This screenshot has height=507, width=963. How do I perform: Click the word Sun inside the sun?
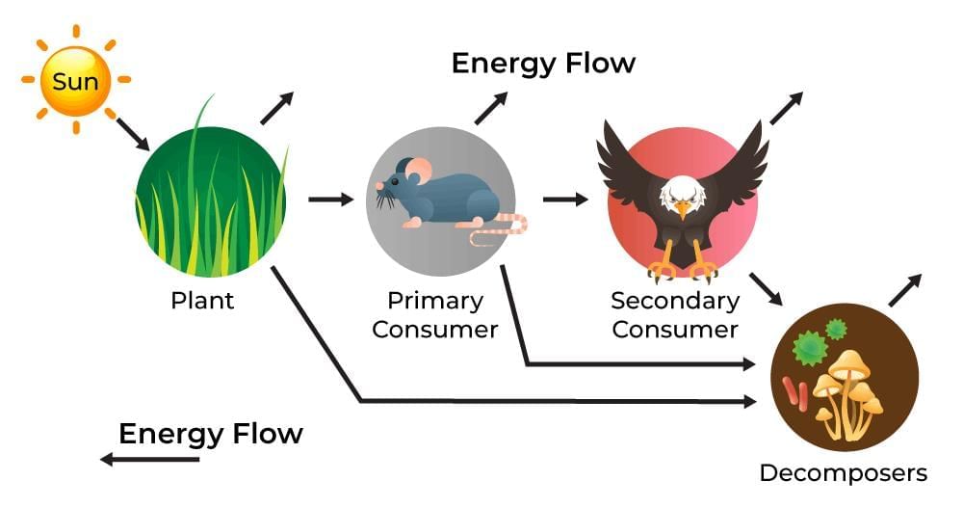[75, 81]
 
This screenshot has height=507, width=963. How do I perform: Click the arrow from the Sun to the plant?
[133, 134]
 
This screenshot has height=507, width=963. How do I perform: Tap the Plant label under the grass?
[202, 300]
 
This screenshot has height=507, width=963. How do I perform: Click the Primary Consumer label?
[434, 314]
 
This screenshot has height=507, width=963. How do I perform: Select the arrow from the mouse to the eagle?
[565, 200]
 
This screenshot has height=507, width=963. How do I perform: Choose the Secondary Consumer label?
[675, 314]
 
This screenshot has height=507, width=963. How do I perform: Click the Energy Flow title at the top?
[543, 64]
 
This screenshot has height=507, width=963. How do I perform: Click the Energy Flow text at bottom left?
[210, 434]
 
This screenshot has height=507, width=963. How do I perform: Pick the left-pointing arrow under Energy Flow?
[149, 460]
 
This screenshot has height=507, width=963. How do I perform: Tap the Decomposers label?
[843, 473]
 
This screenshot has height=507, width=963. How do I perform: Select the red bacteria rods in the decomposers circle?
[795, 391]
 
